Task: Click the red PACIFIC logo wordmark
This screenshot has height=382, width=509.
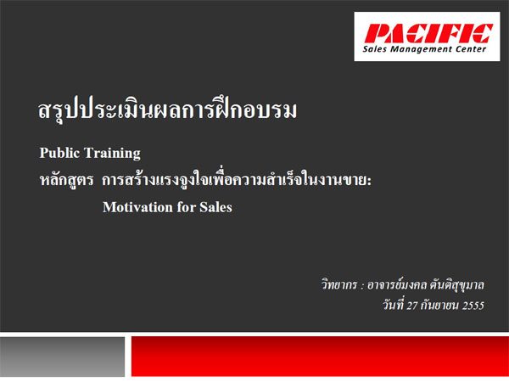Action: (x=428, y=33)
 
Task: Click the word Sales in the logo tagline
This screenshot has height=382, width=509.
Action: (x=375, y=49)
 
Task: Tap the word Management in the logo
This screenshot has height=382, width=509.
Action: (x=421, y=50)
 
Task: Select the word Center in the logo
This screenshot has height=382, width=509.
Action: (x=471, y=49)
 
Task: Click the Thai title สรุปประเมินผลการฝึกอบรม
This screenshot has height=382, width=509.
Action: (x=167, y=109)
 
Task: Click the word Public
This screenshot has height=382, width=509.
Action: (x=59, y=153)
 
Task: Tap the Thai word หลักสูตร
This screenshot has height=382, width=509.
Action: (x=66, y=180)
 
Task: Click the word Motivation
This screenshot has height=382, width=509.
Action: (x=137, y=207)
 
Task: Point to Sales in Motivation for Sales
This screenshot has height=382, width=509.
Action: (x=215, y=207)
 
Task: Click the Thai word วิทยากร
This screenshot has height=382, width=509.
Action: (x=338, y=285)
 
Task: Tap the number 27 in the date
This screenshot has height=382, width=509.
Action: (x=411, y=306)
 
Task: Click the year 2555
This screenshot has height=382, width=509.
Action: (x=473, y=306)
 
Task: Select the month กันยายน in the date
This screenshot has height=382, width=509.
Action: (x=439, y=306)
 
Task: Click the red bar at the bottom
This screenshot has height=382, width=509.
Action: (x=320, y=357)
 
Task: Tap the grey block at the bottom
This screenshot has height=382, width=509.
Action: (x=62, y=357)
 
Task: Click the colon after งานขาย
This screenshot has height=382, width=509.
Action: (x=369, y=182)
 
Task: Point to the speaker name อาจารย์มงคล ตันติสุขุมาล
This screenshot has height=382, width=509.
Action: (x=426, y=285)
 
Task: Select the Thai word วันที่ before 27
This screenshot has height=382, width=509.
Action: (x=393, y=305)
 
